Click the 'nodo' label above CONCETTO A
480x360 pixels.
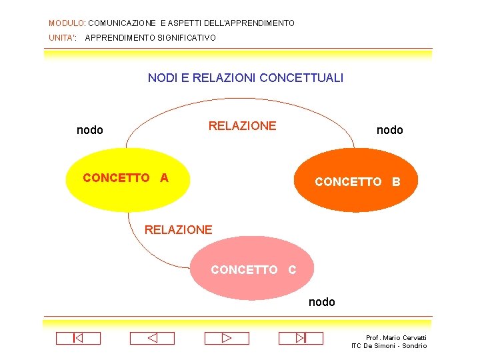click(x=90, y=130)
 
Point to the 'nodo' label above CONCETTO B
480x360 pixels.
click(x=389, y=130)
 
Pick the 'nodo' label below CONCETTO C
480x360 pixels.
click(x=321, y=302)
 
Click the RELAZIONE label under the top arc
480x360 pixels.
click(x=242, y=126)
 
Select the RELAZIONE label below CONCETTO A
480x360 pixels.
click(x=178, y=230)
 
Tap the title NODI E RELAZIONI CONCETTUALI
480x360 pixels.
click(x=245, y=78)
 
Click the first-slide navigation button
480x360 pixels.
click(x=78, y=338)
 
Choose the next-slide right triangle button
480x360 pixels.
click(x=226, y=338)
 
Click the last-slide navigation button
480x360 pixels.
click(x=301, y=338)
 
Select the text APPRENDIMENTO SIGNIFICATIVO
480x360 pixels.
click(x=151, y=38)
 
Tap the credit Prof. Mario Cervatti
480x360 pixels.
click(x=396, y=338)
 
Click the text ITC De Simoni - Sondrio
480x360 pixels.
click(x=389, y=346)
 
